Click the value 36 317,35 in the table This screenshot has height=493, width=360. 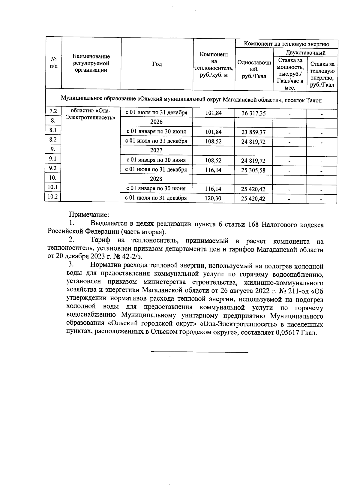[x=253, y=113]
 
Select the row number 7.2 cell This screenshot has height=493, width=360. [x=53, y=111]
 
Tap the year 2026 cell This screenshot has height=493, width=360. [x=156, y=122]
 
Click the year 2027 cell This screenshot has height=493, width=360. [x=156, y=151]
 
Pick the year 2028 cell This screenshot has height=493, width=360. [x=156, y=179]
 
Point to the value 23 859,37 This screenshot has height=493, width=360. [x=253, y=132]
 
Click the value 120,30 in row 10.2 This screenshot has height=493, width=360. [x=213, y=198]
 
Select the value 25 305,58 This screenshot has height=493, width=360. [x=253, y=170]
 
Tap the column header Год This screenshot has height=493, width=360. [x=157, y=64]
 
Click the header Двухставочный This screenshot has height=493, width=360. [x=306, y=53]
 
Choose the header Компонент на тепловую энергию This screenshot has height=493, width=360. [x=286, y=44]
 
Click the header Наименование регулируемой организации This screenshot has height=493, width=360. [x=91, y=63]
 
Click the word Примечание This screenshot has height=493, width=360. [x=89, y=215]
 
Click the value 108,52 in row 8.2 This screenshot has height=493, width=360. [x=213, y=141]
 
